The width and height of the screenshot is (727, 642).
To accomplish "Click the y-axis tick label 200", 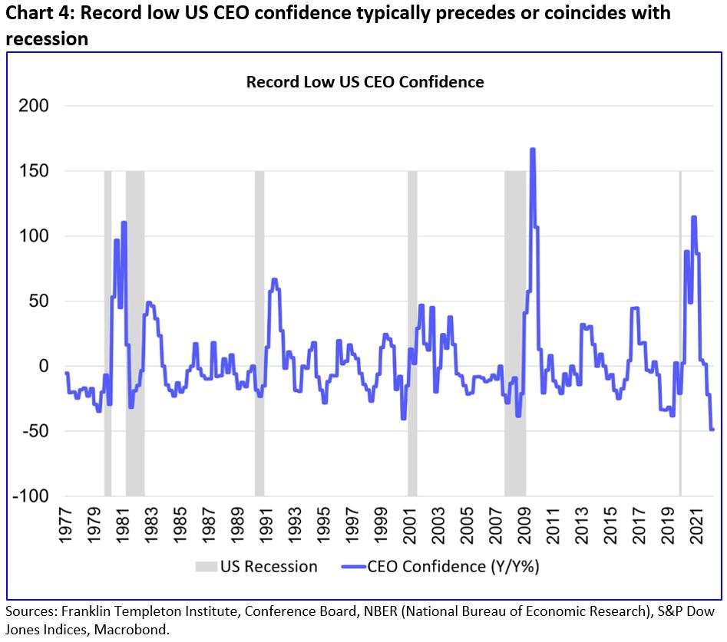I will [x=33, y=106].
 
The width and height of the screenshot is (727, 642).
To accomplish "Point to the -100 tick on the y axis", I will [x=30, y=496].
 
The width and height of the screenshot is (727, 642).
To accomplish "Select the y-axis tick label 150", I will [x=33, y=171].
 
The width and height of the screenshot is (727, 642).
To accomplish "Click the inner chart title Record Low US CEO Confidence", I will [x=365, y=81].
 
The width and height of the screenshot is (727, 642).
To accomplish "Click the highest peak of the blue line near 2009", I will [x=533, y=150].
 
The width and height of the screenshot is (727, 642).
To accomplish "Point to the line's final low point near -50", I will [x=712, y=430].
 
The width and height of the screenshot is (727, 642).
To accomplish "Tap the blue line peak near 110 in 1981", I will [x=124, y=223].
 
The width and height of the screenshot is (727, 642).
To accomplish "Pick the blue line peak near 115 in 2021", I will [x=694, y=217].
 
